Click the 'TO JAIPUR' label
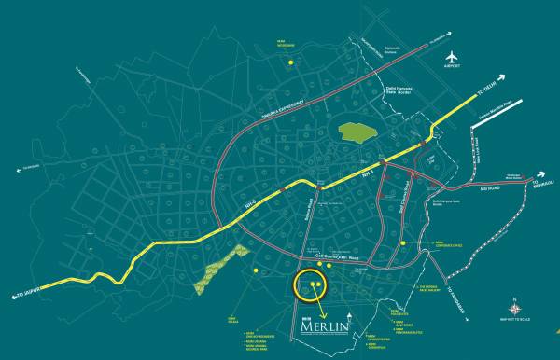pyautogui.click(x=28, y=293)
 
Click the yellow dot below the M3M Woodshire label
pyautogui.click(x=291, y=62)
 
